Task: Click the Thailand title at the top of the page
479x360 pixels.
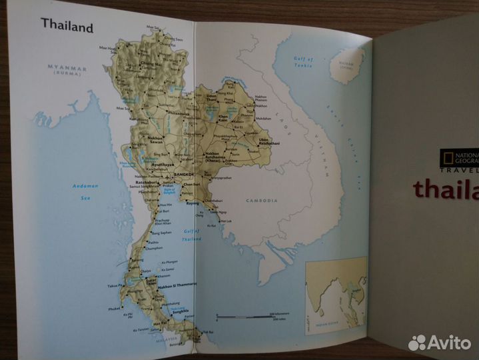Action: [67, 25]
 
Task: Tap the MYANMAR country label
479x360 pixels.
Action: [66, 68]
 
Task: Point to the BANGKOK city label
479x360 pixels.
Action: [182, 174]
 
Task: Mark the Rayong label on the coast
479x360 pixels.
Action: [193, 204]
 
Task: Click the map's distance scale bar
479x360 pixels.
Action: [245, 315]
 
